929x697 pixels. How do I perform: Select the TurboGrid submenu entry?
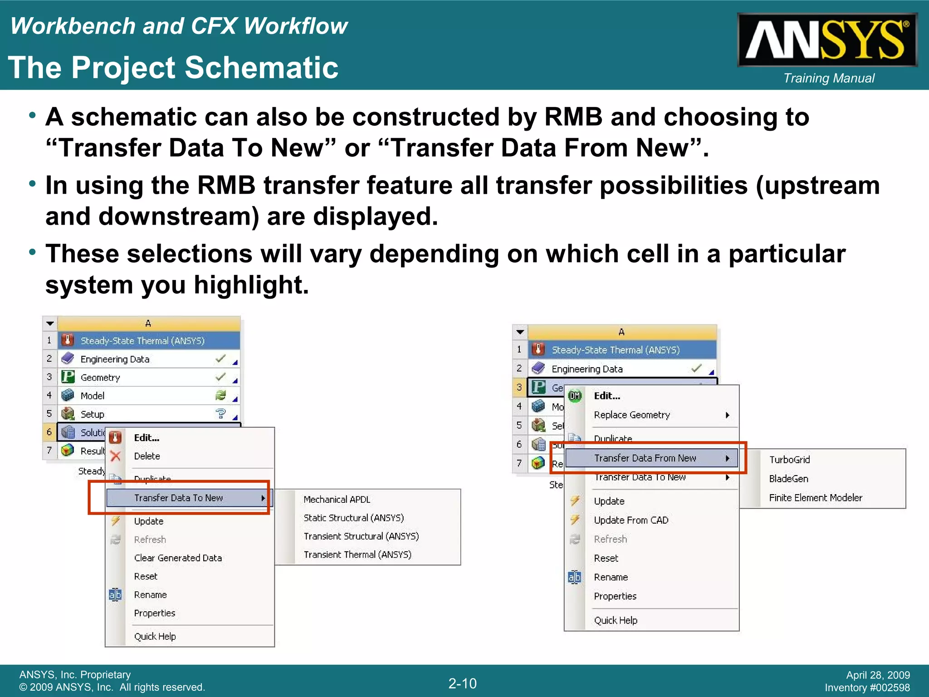[789, 460]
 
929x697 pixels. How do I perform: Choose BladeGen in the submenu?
[788, 479]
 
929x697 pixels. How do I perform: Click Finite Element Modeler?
[815, 498]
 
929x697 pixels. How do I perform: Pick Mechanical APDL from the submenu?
[337, 500]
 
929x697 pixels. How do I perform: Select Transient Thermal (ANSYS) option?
[357, 555]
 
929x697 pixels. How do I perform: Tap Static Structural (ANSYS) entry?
[353, 518]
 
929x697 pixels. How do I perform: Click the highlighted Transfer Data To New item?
[178, 498]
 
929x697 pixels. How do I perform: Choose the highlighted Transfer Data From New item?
[645, 458]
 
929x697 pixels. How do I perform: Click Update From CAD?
[631, 520]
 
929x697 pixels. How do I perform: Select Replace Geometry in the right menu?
[631, 415]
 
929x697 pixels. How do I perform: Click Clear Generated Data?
[178, 558]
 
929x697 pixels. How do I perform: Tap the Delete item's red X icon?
[116, 456]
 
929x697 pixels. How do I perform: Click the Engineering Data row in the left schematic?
[115, 359]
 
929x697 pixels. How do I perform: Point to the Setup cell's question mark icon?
[220, 413]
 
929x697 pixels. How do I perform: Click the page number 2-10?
[462, 683]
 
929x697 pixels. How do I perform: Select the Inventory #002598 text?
[867, 688]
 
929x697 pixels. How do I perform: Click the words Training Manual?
[829, 78]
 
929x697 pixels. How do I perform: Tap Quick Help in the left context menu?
[155, 636]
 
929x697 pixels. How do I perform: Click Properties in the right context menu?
[615, 596]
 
